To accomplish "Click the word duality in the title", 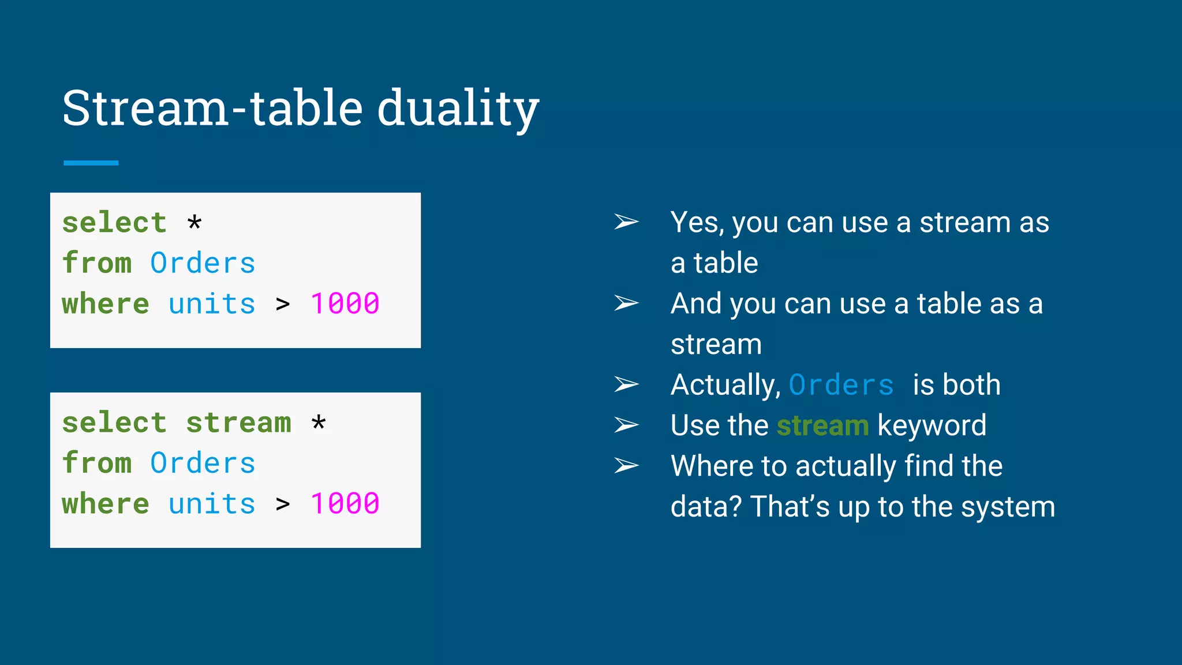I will tap(458, 109).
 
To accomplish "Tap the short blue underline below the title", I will tap(91, 163).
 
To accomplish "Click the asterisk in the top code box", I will tap(194, 222).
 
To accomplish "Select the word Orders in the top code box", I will tap(203, 263).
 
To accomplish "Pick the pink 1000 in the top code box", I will tap(345, 304).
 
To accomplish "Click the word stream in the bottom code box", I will tap(238, 423).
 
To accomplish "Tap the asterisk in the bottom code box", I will tap(319, 423).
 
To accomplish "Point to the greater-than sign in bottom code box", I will tap(283, 504).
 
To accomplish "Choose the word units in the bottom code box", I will tap(212, 504).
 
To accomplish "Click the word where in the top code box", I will tap(106, 304).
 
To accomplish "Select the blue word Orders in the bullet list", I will tap(841, 385).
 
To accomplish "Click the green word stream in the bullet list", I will tap(822, 426).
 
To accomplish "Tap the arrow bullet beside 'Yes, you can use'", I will tap(626, 222).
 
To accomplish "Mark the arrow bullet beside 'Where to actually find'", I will tap(626, 465).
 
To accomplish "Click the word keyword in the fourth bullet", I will tap(932, 426).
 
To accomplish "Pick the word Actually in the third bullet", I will tap(725, 385).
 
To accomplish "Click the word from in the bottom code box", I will tap(97, 463).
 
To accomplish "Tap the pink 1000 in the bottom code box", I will tap(345, 504).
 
